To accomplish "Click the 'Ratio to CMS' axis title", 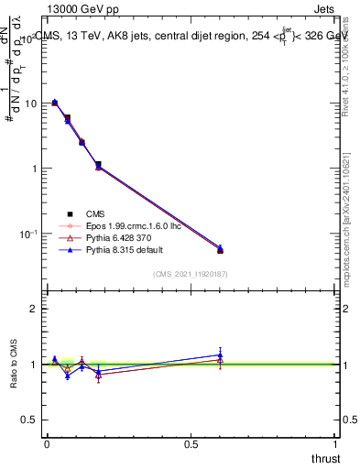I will (15, 364).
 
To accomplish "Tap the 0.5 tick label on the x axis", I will (191, 442).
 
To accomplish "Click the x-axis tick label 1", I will (335, 442).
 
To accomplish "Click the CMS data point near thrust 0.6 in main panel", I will (220, 250).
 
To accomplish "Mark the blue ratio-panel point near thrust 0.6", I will (220, 354).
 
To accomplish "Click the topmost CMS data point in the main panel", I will (55, 103).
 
